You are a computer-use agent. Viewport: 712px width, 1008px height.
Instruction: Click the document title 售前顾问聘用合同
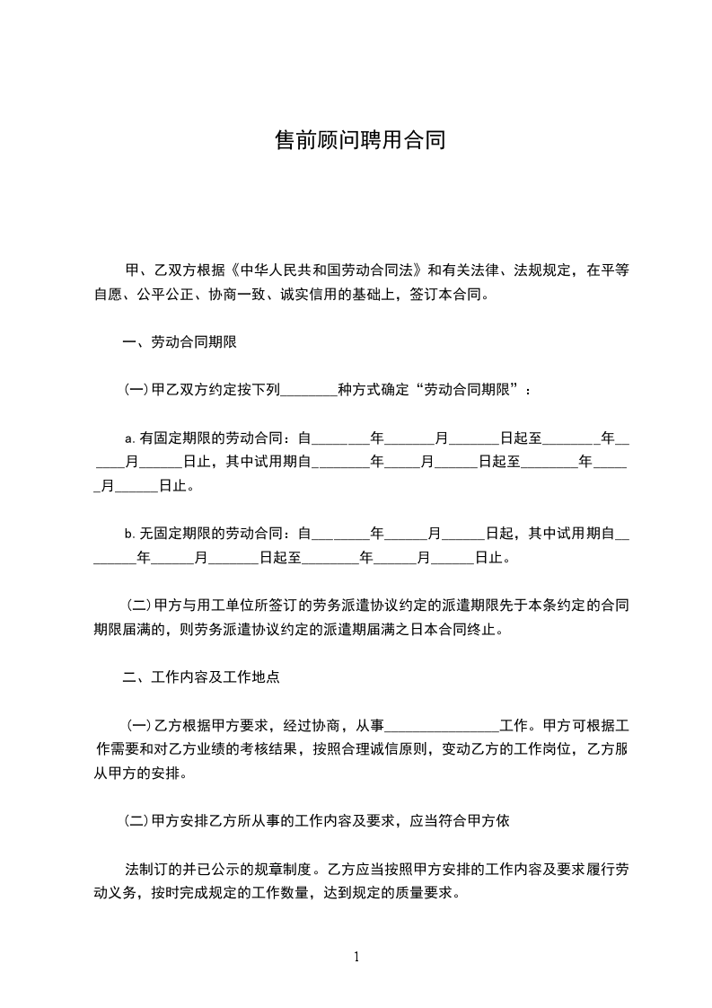[x=359, y=141]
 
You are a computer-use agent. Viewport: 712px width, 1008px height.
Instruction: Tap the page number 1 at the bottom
[x=356, y=956]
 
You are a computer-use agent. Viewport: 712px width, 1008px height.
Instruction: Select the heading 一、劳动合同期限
[x=180, y=342]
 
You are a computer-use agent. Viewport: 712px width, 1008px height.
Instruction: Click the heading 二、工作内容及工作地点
[x=201, y=677]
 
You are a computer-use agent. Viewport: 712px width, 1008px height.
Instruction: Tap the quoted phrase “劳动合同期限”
[x=470, y=391]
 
